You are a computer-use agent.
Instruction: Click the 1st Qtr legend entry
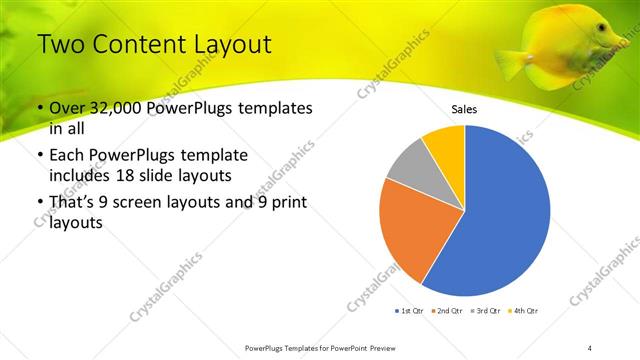tap(409, 311)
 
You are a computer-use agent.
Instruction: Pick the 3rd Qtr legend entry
tap(487, 311)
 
